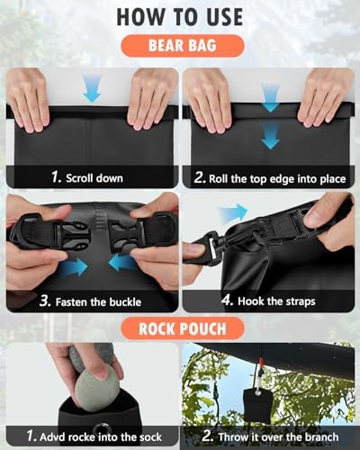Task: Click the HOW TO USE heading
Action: (179, 17)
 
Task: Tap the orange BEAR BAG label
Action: (179, 46)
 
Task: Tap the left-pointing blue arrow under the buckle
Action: (122, 263)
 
